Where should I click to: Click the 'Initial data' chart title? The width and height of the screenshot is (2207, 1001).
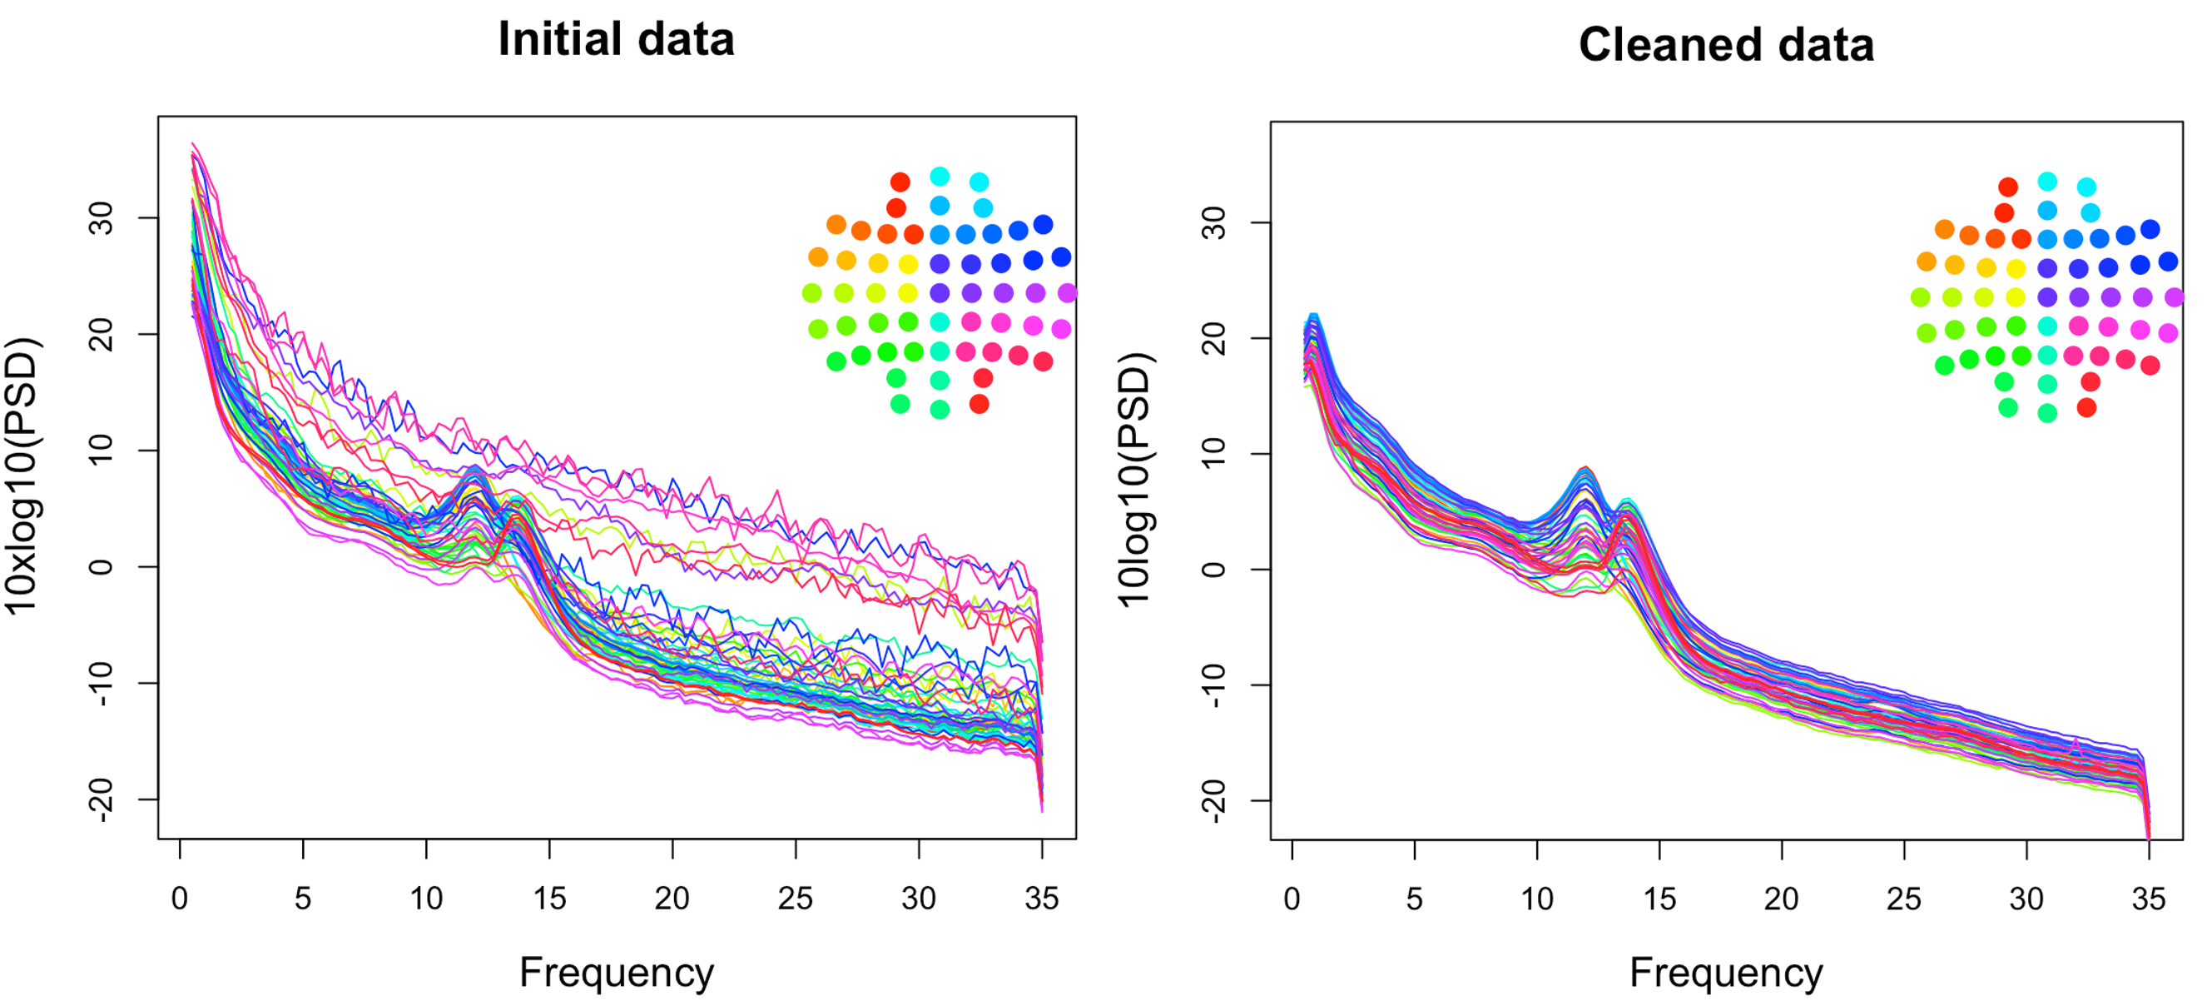616,39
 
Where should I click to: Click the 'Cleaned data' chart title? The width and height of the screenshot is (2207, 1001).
1725,45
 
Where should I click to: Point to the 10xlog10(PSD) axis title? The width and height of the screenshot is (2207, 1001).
23,476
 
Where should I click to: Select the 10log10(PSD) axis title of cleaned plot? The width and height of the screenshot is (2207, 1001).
1135,480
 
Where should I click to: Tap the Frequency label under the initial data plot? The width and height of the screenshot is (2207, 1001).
616,973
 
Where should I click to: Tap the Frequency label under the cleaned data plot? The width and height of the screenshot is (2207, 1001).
1725,973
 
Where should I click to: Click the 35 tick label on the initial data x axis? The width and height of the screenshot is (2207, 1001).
1042,899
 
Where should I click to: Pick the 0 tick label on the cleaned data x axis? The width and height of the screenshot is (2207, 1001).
1292,899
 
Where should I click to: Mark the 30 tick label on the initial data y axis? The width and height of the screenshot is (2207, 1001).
101,218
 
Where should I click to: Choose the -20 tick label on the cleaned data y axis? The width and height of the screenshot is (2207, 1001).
1214,801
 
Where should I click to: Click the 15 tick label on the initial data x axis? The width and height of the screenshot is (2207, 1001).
549,899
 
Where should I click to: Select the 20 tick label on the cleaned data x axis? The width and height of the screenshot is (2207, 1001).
1781,899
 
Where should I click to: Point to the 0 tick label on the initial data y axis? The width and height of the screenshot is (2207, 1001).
101,566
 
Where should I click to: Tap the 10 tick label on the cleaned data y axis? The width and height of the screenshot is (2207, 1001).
1214,454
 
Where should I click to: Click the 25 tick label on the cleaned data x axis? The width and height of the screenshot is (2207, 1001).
1904,899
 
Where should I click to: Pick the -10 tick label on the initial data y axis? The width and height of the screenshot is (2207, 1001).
101,683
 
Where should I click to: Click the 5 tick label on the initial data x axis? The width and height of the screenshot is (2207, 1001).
302,899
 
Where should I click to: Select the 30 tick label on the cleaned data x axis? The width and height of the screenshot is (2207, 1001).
2026,899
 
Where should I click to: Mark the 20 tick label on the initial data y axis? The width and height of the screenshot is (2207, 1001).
101,334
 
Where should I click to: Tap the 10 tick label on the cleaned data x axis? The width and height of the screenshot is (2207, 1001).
1537,899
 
